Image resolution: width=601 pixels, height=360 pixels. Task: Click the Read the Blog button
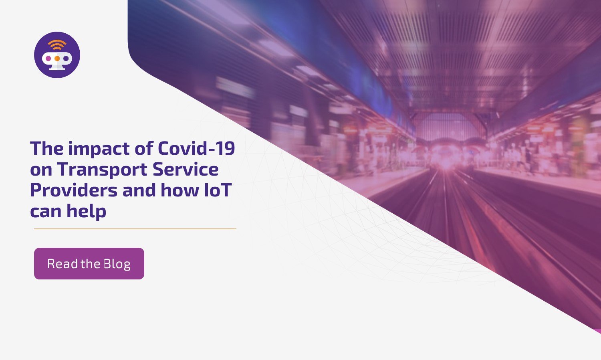click(89, 263)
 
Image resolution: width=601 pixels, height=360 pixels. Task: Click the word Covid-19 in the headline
click(196, 148)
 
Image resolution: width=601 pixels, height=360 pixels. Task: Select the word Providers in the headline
click(74, 190)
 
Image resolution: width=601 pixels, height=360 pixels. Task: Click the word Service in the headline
click(186, 169)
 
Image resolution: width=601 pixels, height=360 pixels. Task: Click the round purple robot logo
click(57, 55)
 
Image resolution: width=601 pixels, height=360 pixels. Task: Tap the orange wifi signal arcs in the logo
click(57, 44)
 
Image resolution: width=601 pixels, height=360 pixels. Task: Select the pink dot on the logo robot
click(48, 59)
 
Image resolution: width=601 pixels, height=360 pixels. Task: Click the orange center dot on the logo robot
click(57, 59)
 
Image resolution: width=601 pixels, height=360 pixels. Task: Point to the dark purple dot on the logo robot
click(66, 59)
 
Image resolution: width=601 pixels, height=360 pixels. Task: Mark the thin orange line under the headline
click(135, 229)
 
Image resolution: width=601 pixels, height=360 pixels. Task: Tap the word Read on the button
click(63, 264)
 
